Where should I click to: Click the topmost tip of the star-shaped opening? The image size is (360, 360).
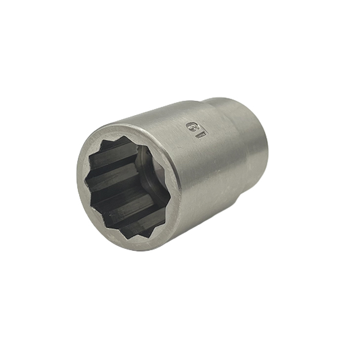(126, 136)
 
